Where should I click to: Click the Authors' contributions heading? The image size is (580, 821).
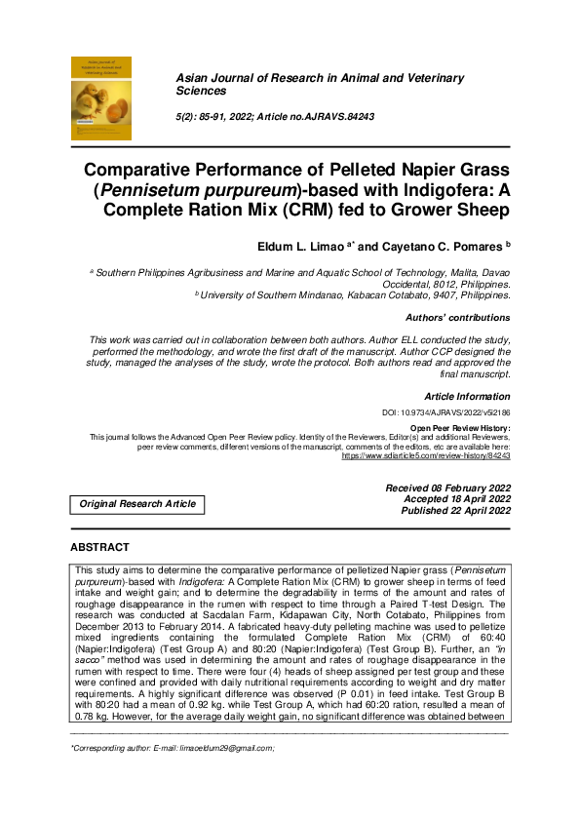457,318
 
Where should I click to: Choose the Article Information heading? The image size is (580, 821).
467,396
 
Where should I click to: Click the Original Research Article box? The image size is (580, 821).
136,504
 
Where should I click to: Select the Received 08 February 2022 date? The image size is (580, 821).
447,487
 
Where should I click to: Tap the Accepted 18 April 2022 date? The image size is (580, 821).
456,498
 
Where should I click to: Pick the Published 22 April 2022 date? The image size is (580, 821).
455,510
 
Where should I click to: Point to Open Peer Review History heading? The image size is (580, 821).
460,428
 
